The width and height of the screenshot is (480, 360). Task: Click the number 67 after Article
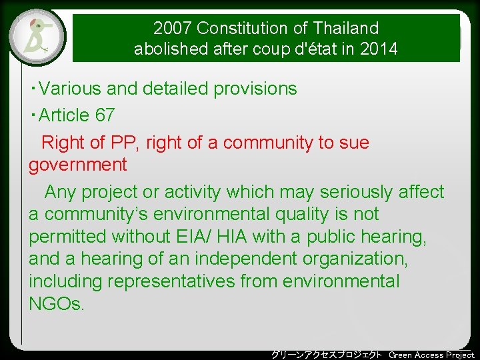[105, 115]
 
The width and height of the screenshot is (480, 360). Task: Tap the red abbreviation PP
[124, 143]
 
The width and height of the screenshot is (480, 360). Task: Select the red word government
[77, 165]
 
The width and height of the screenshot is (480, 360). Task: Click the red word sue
[354, 143]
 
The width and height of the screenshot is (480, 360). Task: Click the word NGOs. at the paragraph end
[57, 305]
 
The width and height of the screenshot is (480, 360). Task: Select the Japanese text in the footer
[326, 355]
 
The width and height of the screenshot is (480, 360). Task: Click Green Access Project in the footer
[431, 355]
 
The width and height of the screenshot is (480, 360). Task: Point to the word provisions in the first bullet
[255, 89]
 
